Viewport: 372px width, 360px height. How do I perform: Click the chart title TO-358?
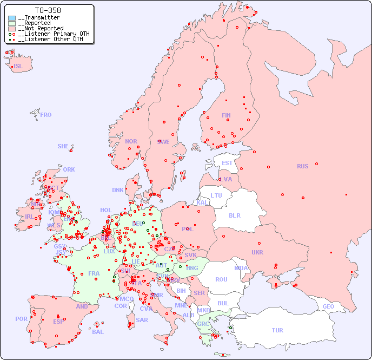point(48,10)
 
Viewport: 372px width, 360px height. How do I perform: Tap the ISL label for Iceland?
point(18,67)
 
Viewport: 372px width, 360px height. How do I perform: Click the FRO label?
point(46,115)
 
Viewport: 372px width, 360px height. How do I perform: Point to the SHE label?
point(63,146)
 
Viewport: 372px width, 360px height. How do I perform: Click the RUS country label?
point(302,166)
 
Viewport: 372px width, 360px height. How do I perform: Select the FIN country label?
point(226,115)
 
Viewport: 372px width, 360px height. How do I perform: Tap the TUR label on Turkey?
point(277,330)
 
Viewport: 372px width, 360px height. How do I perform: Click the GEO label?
point(328,306)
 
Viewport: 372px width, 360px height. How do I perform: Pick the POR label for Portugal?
point(21,319)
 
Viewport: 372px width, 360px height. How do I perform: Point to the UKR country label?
point(257,252)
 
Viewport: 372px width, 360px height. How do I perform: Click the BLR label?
point(234,215)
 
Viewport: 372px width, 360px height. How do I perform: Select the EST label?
point(227,163)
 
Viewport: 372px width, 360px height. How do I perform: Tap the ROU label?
point(221,279)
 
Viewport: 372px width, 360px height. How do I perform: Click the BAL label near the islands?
point(97,332)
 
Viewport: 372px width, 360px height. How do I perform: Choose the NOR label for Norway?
point(131,141)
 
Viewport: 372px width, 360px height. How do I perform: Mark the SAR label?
point(142,320)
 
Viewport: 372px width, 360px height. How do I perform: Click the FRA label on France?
point(94,273)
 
